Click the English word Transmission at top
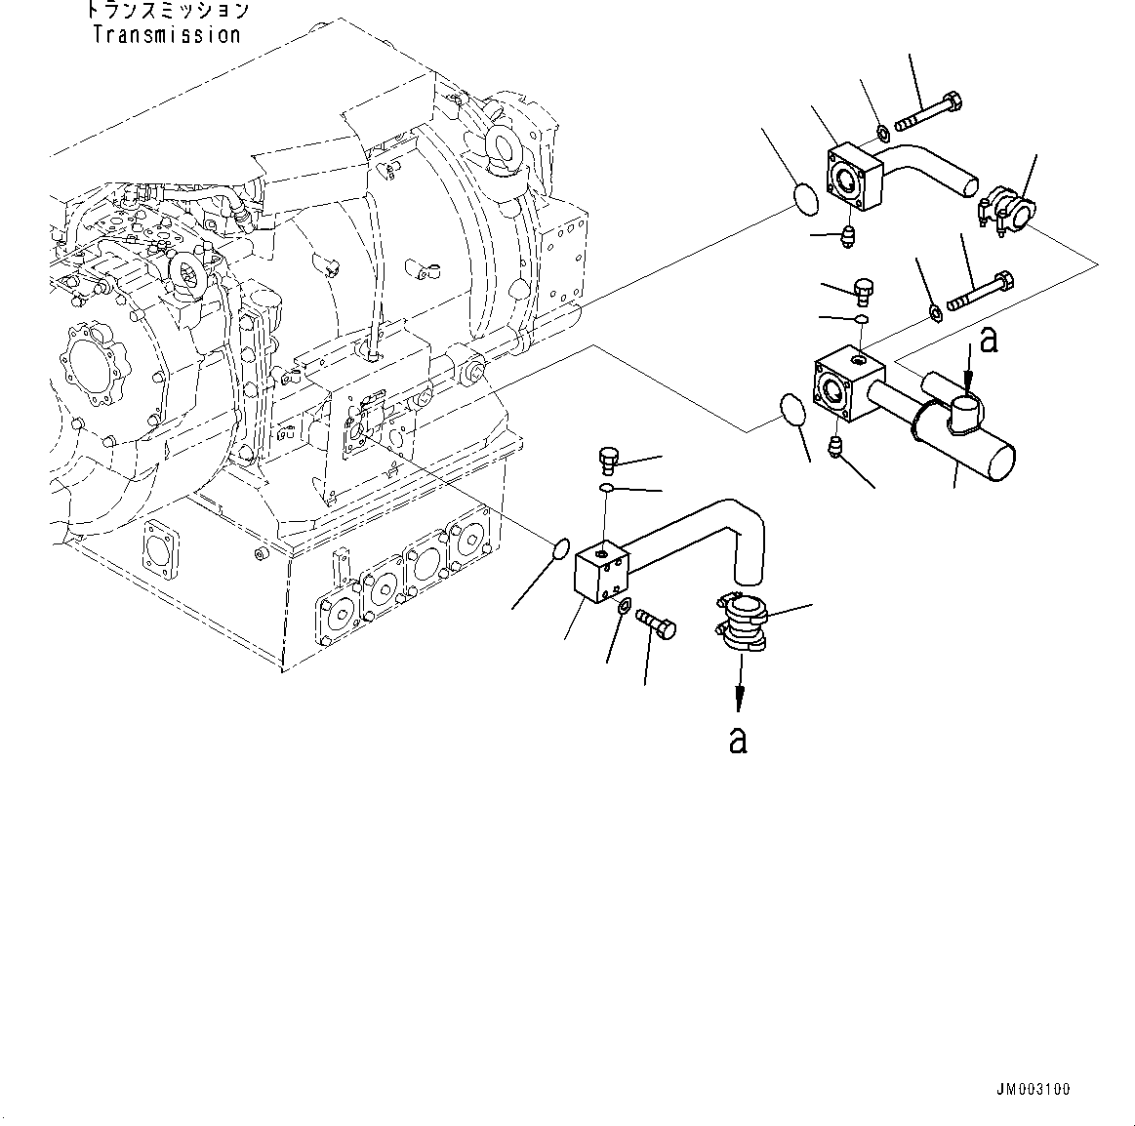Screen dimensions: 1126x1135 (x=167, y=35)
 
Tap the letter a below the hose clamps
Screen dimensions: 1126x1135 (x=739, y=740)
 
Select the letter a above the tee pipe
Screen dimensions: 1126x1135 (x=989, y=341)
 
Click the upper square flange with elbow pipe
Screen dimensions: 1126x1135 (x=856, y=177)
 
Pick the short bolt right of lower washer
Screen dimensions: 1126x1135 (x=657, y=623)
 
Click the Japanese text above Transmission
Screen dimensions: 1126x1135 (x=167, y=12)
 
